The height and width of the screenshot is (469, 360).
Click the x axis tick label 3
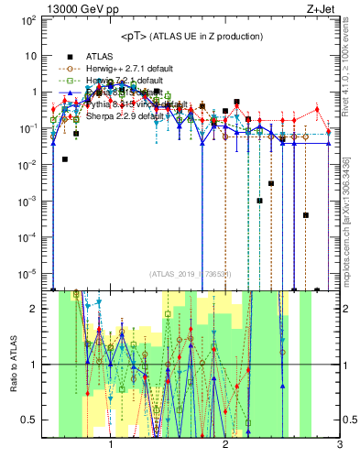(339, 446)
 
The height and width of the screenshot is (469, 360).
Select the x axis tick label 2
(225, 446)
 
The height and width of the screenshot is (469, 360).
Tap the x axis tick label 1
(111, 446)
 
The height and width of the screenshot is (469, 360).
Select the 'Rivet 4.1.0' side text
(352, 73)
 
